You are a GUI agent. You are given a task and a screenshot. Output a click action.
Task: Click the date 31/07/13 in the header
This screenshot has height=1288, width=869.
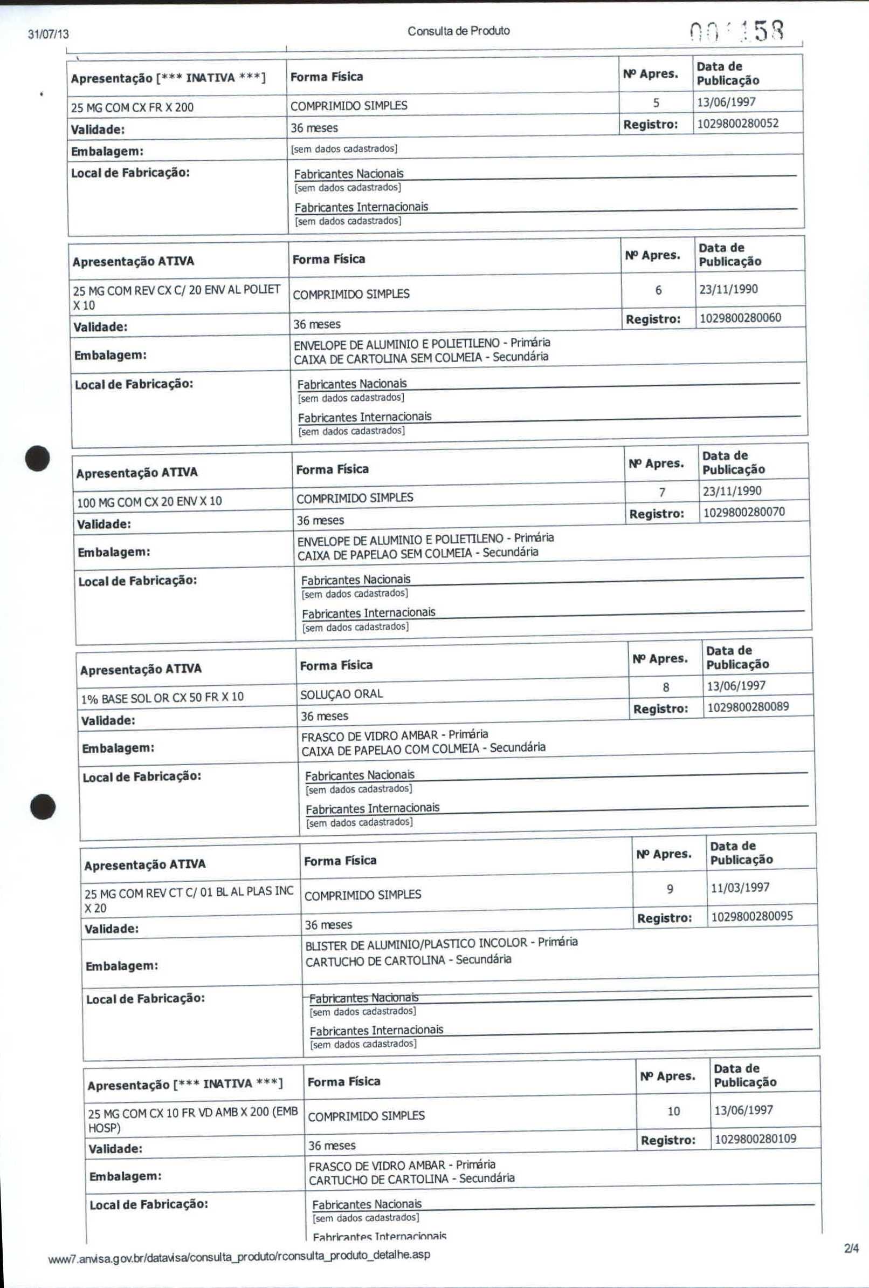tap(49, 35)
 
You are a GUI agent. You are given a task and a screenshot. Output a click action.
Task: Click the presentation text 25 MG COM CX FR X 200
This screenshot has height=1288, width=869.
tap(133, 107)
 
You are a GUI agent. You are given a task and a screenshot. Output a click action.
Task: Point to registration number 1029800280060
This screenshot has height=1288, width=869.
tap(740, 318)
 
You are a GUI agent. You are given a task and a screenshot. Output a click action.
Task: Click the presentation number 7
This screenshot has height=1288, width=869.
tap(662, 492)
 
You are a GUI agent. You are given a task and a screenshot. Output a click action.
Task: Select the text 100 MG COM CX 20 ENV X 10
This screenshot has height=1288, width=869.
tap(149, 502)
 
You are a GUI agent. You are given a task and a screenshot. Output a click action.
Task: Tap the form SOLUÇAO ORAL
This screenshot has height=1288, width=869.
tap(341, 694)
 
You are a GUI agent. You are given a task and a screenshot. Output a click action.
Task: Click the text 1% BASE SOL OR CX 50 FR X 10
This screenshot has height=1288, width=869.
tap(162, 697)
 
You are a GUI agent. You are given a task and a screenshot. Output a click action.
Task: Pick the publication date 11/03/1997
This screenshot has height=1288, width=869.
tap(740, 887)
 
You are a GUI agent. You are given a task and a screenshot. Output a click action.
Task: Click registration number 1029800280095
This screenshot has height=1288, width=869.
tap(751, 916)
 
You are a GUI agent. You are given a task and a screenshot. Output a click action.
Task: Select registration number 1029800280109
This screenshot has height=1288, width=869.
tap(755, 1139)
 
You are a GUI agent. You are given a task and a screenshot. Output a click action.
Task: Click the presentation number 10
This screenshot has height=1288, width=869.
tap(673, 1111)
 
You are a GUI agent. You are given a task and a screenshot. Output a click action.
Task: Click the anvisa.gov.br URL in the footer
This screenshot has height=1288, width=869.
tap(239, 1255)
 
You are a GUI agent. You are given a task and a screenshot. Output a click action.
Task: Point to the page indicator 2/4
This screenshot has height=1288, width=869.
tap(851, 1249)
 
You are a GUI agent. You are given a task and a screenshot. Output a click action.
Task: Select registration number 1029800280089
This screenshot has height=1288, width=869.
tap(748, 707)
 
